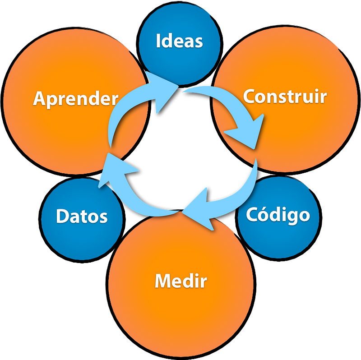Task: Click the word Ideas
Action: click(x=179, y=41)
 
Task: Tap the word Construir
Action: click(x=284, y=97)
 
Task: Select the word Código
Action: click(x=278, y=215)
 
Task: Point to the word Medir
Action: click(x=180, y=282)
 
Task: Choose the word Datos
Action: click(x=82, y=217)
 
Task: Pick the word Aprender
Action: click(x=76, y=99)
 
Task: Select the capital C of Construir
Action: click(x=249, y=97)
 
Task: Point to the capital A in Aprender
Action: click(x=40, y=99)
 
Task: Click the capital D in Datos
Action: click(x=62, y=217)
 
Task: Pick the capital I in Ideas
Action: click(x=158, y=41)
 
